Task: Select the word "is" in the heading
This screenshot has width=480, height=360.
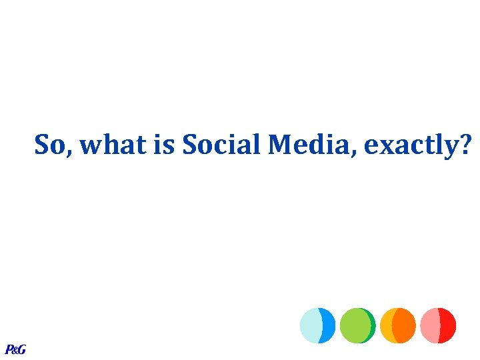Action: point(165,144)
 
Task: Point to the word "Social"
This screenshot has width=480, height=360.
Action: point(221,144)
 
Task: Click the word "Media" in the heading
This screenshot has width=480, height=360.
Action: point(311,144)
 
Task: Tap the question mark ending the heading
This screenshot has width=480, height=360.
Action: point(463,144)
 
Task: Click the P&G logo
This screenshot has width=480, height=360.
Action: point(15,349)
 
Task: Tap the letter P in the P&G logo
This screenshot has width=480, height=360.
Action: point(9,349)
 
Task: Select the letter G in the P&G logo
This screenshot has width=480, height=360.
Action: point(21,349)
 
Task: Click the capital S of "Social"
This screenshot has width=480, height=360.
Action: point(190,144)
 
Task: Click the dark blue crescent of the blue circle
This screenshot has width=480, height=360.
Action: point(329,325)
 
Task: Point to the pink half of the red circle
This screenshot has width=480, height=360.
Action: point(430,325)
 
